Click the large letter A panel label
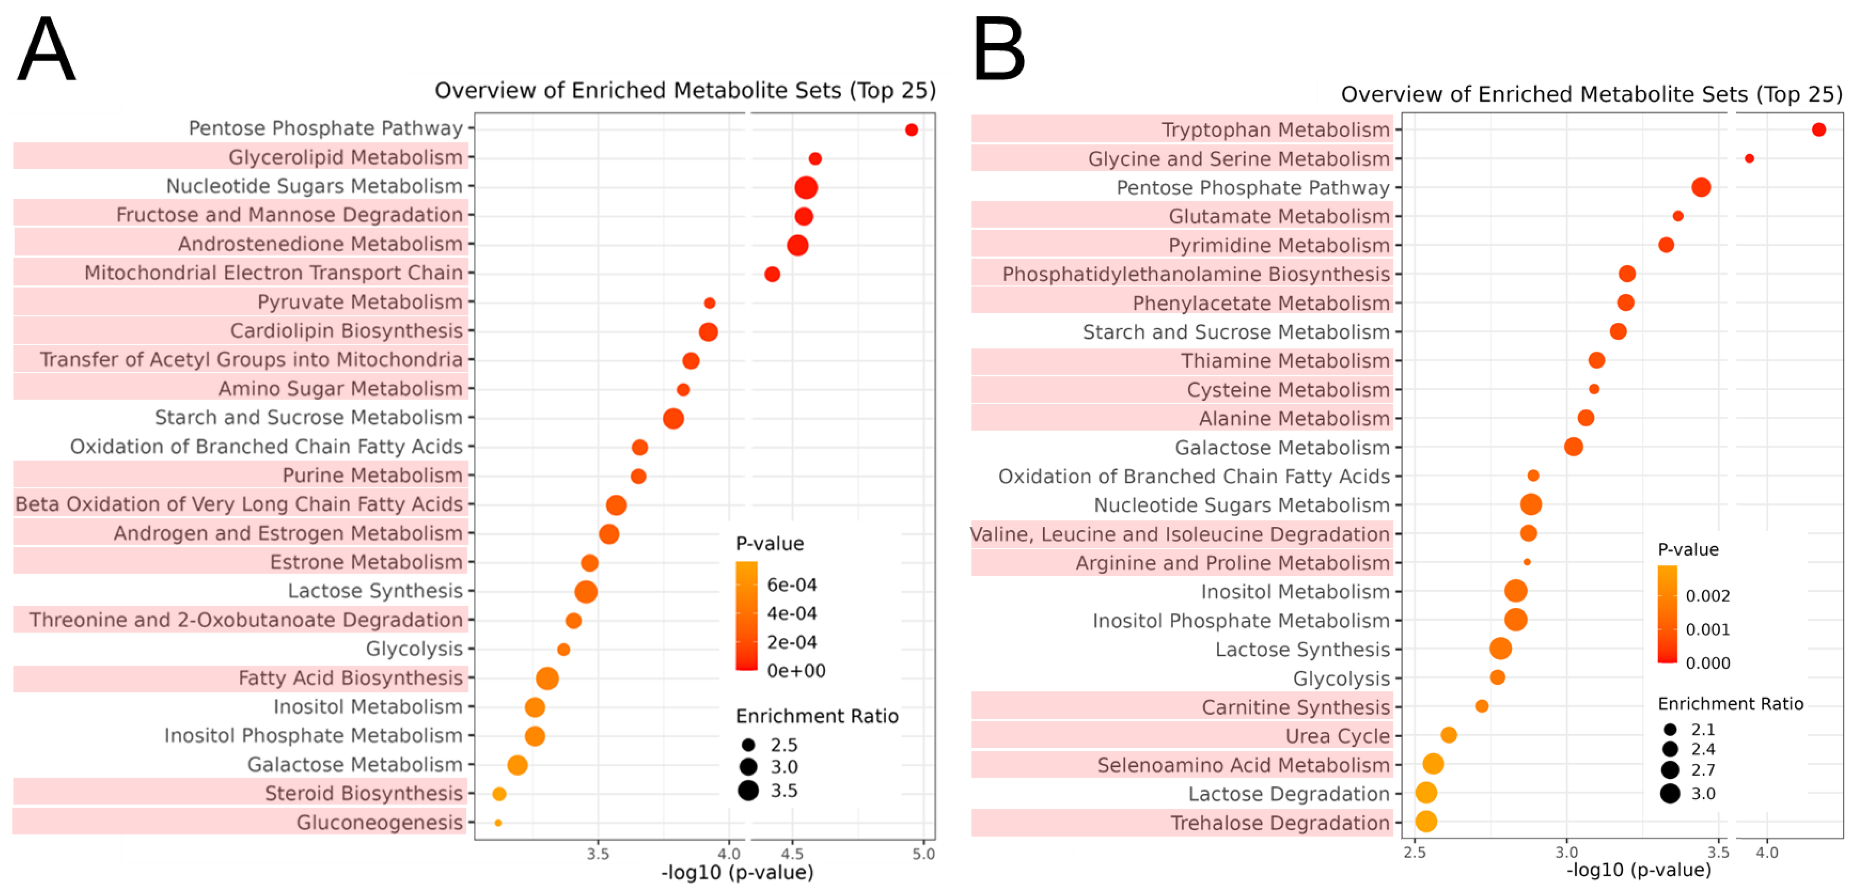coord(46,50)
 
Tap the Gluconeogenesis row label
coord(379,822)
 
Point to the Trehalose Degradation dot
coord(1426,822)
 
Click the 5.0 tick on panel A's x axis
coord(923,854)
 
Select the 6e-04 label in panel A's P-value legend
coord(791,585)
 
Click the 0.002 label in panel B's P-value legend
coord(1707,596)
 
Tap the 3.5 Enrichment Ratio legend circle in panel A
coord(748,790)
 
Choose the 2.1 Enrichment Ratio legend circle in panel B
coord(1670,729)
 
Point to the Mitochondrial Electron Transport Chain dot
coord(772,274)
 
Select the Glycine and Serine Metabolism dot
coord(1749,158)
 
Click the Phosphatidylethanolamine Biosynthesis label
coord(1196,274)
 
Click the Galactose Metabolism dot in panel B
coord(1573,447)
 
